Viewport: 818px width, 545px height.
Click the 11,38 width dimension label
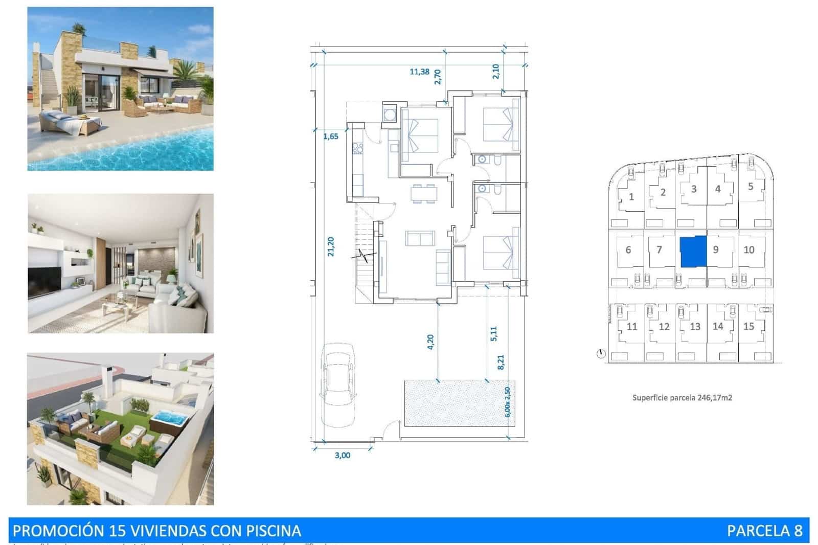(419, 72)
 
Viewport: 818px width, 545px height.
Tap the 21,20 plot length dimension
(331, 246)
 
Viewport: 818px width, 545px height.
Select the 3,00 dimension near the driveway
(343, 455)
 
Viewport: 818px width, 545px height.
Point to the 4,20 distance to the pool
(430, 342)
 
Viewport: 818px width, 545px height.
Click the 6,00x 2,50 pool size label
(507, 402)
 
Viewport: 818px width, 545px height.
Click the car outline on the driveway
(337, 384)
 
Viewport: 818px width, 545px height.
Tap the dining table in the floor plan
(424, 194)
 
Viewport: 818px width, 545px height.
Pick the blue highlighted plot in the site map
(693, 251)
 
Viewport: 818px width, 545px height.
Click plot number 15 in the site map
(748, 326)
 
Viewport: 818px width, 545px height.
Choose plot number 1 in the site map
(631, 197)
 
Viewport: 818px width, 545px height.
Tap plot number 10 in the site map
(749, 250)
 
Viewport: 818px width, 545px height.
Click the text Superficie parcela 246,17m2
(682, 397)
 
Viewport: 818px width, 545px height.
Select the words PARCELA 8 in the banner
(764, 531)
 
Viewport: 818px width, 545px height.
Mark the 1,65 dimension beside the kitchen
(331, 137)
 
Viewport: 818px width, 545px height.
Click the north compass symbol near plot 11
(601, 353)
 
